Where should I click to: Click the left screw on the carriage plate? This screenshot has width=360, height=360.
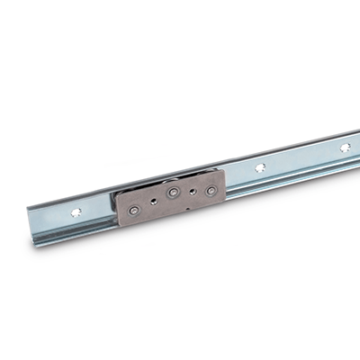(134, 209)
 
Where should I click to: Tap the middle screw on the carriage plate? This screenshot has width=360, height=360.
(171, 194)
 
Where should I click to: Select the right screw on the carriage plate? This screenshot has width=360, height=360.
(210, 191)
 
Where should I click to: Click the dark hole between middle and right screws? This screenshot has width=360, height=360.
(190, 192)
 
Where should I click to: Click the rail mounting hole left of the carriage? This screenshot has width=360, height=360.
(75, 214)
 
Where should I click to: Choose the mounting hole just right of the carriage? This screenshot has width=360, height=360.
(259, 167)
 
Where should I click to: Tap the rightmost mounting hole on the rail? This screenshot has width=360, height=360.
(345, 147)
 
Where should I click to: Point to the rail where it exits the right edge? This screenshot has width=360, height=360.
(356, 145)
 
